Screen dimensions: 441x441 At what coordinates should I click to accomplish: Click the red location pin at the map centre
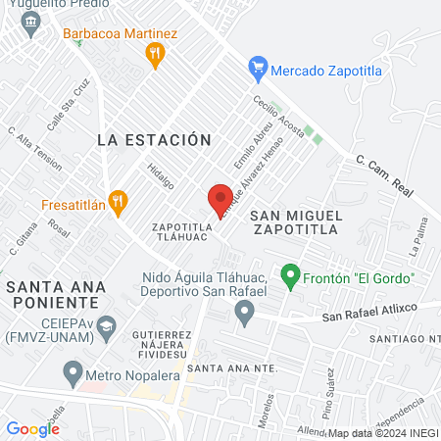[220, 198]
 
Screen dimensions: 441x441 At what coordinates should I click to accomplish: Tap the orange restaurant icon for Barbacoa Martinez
[153, 56]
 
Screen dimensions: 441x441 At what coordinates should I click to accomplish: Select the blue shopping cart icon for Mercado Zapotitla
[259, 70]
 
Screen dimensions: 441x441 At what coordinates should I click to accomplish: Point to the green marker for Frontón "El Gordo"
[290, 277]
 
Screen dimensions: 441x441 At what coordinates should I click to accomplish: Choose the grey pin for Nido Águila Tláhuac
[244, 314]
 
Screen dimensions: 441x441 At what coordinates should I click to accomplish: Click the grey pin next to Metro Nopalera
[71, 371]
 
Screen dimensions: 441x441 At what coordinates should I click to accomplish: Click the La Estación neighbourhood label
[154, 140]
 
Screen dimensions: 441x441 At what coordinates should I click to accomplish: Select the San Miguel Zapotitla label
[295, 220]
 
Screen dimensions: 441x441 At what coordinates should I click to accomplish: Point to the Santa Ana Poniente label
[65, 294]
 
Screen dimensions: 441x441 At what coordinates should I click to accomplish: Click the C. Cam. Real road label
[386, 169]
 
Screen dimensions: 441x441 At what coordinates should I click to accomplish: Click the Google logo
[32, 428]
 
